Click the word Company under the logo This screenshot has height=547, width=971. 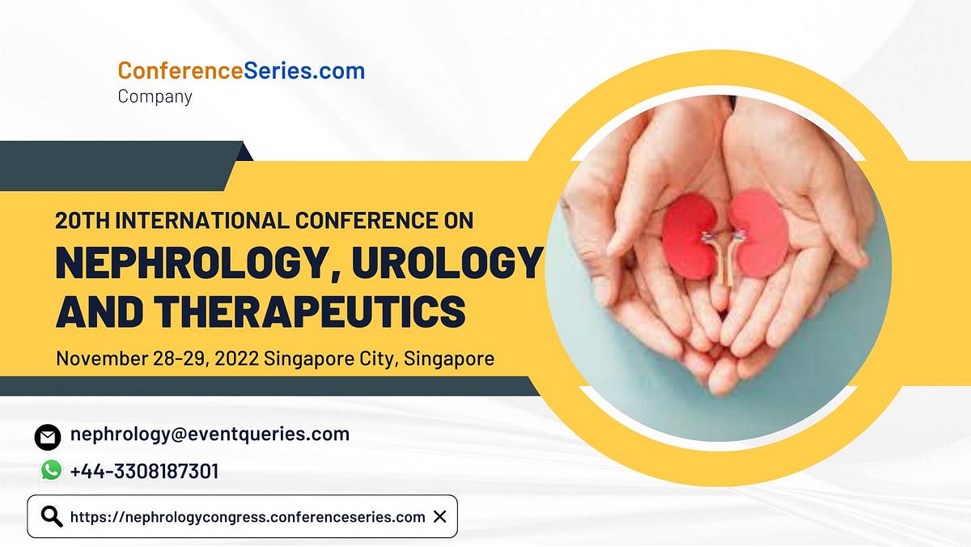point(155,96)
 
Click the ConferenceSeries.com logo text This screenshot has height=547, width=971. point(241,71)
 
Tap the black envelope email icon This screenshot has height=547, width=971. point(48,437)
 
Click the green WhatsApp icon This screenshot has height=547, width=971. point(51,470)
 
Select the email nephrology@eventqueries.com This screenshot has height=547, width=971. point(210,434)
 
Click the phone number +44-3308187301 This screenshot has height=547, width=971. point(144,471)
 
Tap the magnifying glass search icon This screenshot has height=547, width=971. point(52,516)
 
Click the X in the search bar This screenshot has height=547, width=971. point(439,516)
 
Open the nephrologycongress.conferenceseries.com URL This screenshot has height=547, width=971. point(248,516)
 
